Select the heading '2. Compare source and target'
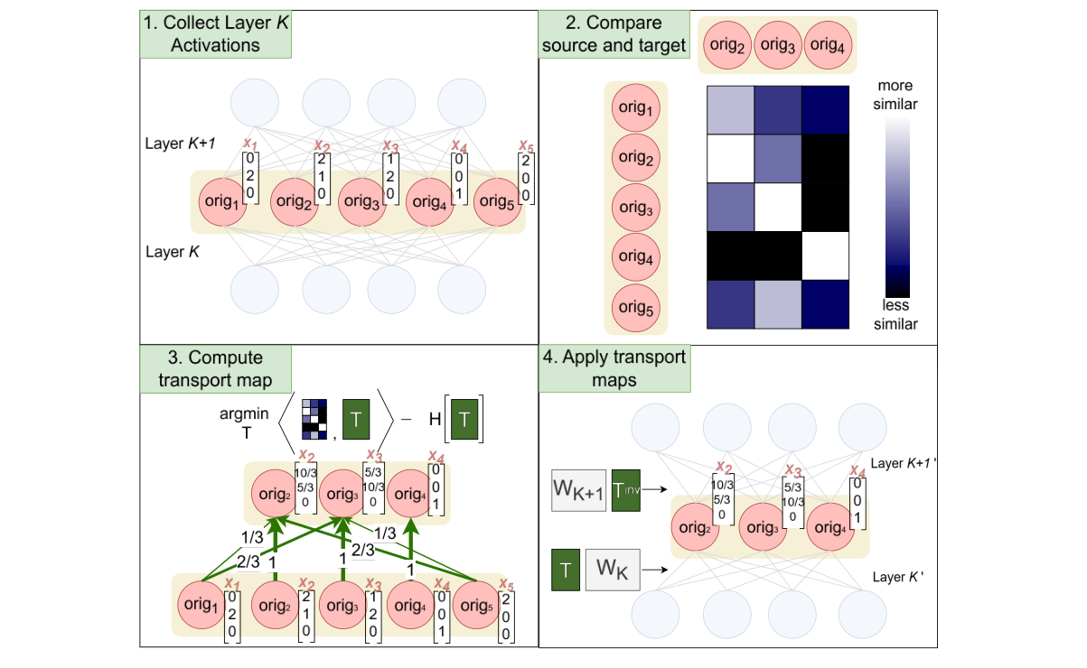614,32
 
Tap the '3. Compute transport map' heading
215,368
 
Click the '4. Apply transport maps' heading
614,368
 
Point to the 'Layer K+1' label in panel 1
181,144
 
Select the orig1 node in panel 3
202,604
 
